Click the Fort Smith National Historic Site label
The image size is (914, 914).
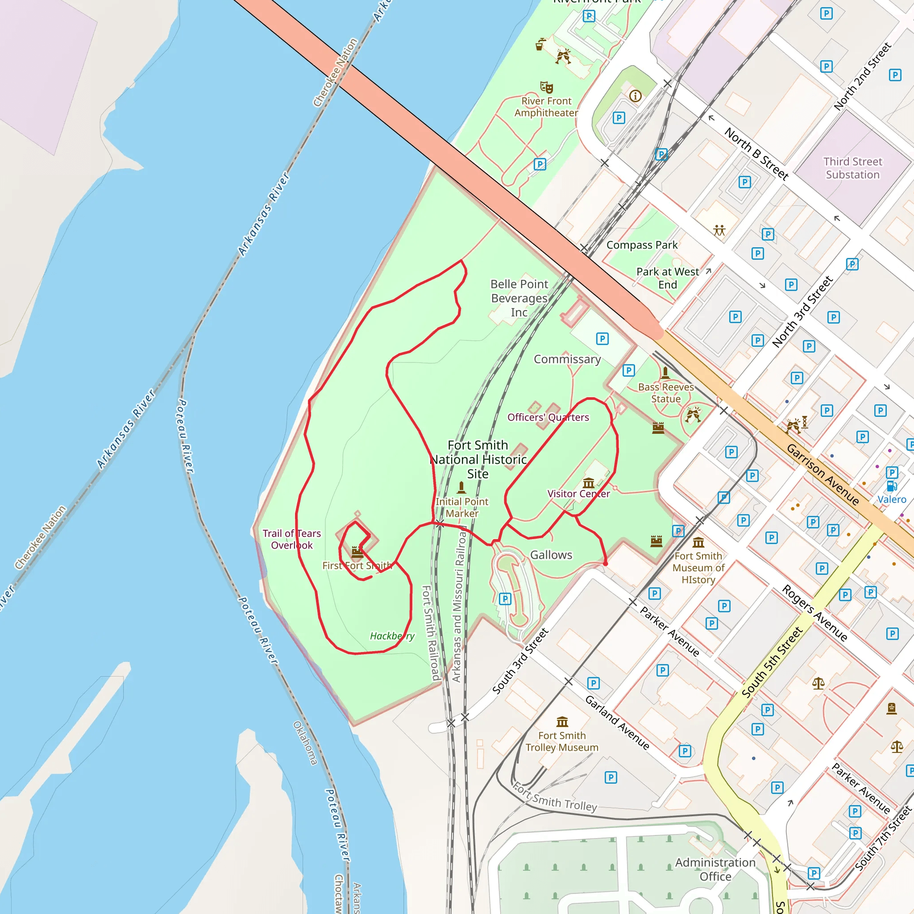coord(478,459)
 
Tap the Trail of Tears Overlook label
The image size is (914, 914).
coord(291,539)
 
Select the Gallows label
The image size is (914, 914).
coord(551,555)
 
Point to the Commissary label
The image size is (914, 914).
coord(567,360)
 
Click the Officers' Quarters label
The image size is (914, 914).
coord(548,417)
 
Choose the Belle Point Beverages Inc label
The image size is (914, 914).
coord(519,298)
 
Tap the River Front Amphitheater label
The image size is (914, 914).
coord(546,107)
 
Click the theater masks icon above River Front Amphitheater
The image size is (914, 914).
coord(546,87)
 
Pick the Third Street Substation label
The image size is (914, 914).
coord(852,168)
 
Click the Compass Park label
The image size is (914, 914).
coord(642,245)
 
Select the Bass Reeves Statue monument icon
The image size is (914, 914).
coord(665,373)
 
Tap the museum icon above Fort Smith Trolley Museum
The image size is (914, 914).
coord(562,722)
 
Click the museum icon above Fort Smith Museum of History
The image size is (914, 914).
coord(698,542)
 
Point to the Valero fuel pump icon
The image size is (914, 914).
coord(891,486)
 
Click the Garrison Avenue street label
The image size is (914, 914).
coord(823,474)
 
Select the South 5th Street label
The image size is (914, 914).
coord(772,662)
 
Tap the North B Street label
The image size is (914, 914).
coord(756,154)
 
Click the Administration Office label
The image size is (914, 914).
coord(715,869)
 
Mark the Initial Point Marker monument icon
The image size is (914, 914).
coord(461,487)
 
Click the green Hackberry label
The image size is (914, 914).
coord(392,636)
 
